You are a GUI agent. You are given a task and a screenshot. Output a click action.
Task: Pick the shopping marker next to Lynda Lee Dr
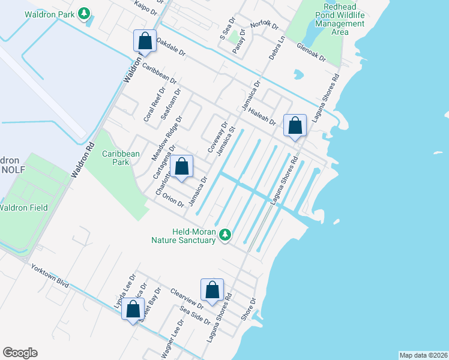pos(133,310)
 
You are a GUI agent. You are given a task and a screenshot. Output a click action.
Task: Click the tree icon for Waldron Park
pos(85,13)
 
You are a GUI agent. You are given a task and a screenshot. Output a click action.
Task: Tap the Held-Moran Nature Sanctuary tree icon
pos(225,235)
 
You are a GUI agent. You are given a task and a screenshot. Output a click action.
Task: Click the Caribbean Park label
pos(121,158)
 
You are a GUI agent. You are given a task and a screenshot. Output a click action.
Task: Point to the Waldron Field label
pos(23,208)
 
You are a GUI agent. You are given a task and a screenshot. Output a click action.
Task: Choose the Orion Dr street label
pos(173,202)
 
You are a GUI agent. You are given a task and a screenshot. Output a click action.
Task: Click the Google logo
pos(20,353)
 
